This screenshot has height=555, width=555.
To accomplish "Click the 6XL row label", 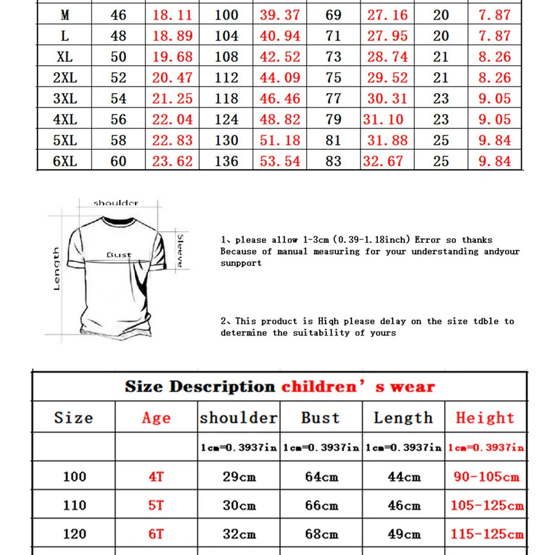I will click(65, 162).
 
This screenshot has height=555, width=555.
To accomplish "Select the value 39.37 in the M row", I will click(279, 15).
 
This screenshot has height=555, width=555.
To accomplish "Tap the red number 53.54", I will click(279, 162).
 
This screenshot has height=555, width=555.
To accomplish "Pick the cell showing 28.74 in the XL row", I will click(387, 57).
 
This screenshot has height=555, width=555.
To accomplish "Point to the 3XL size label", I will click(65, 99).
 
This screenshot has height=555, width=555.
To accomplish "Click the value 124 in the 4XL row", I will click(226, 120).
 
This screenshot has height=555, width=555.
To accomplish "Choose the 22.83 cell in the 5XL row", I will click(173, 141).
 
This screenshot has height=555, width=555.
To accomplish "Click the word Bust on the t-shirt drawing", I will click(119, 255).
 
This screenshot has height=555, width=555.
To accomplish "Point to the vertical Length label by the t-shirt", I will click(57, 269).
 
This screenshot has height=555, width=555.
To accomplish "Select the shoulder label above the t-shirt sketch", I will click(116, 203).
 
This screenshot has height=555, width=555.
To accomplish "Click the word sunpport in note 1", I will click(241, 263).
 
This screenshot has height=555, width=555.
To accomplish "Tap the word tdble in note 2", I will click(486, 321).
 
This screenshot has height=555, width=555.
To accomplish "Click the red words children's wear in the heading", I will click(358, 387).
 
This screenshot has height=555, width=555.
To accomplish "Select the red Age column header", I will click(155, 418).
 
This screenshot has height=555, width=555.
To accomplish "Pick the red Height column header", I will click(485, 418).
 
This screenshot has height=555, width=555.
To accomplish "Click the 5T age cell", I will click(155, 506).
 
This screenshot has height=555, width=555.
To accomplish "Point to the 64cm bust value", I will click(321, 477).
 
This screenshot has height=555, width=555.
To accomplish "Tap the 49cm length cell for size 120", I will click(404, 534).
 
